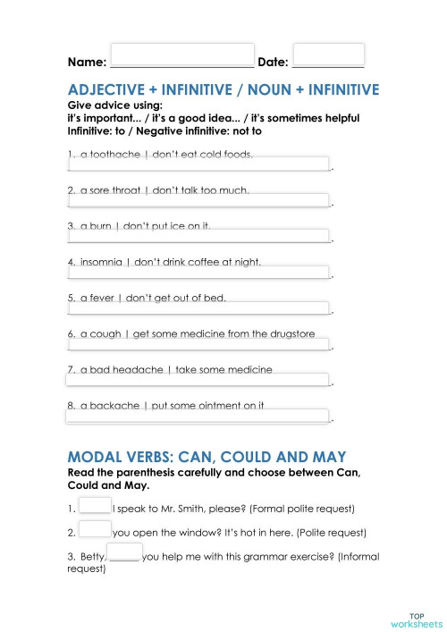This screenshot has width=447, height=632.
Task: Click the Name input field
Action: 182,55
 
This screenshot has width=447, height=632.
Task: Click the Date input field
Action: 328,55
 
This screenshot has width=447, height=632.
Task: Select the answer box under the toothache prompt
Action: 198,164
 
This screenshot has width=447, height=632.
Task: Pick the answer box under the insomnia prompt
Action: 198,272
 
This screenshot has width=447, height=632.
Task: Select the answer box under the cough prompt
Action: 198,344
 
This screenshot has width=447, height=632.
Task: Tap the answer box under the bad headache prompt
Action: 198,379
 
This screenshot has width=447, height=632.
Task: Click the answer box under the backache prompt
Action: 198,415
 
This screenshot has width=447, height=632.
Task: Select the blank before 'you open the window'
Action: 95,529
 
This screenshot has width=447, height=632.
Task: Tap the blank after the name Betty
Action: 125,552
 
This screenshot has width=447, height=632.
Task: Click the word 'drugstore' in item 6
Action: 291,333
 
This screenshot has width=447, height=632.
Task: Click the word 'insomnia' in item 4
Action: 100,262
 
